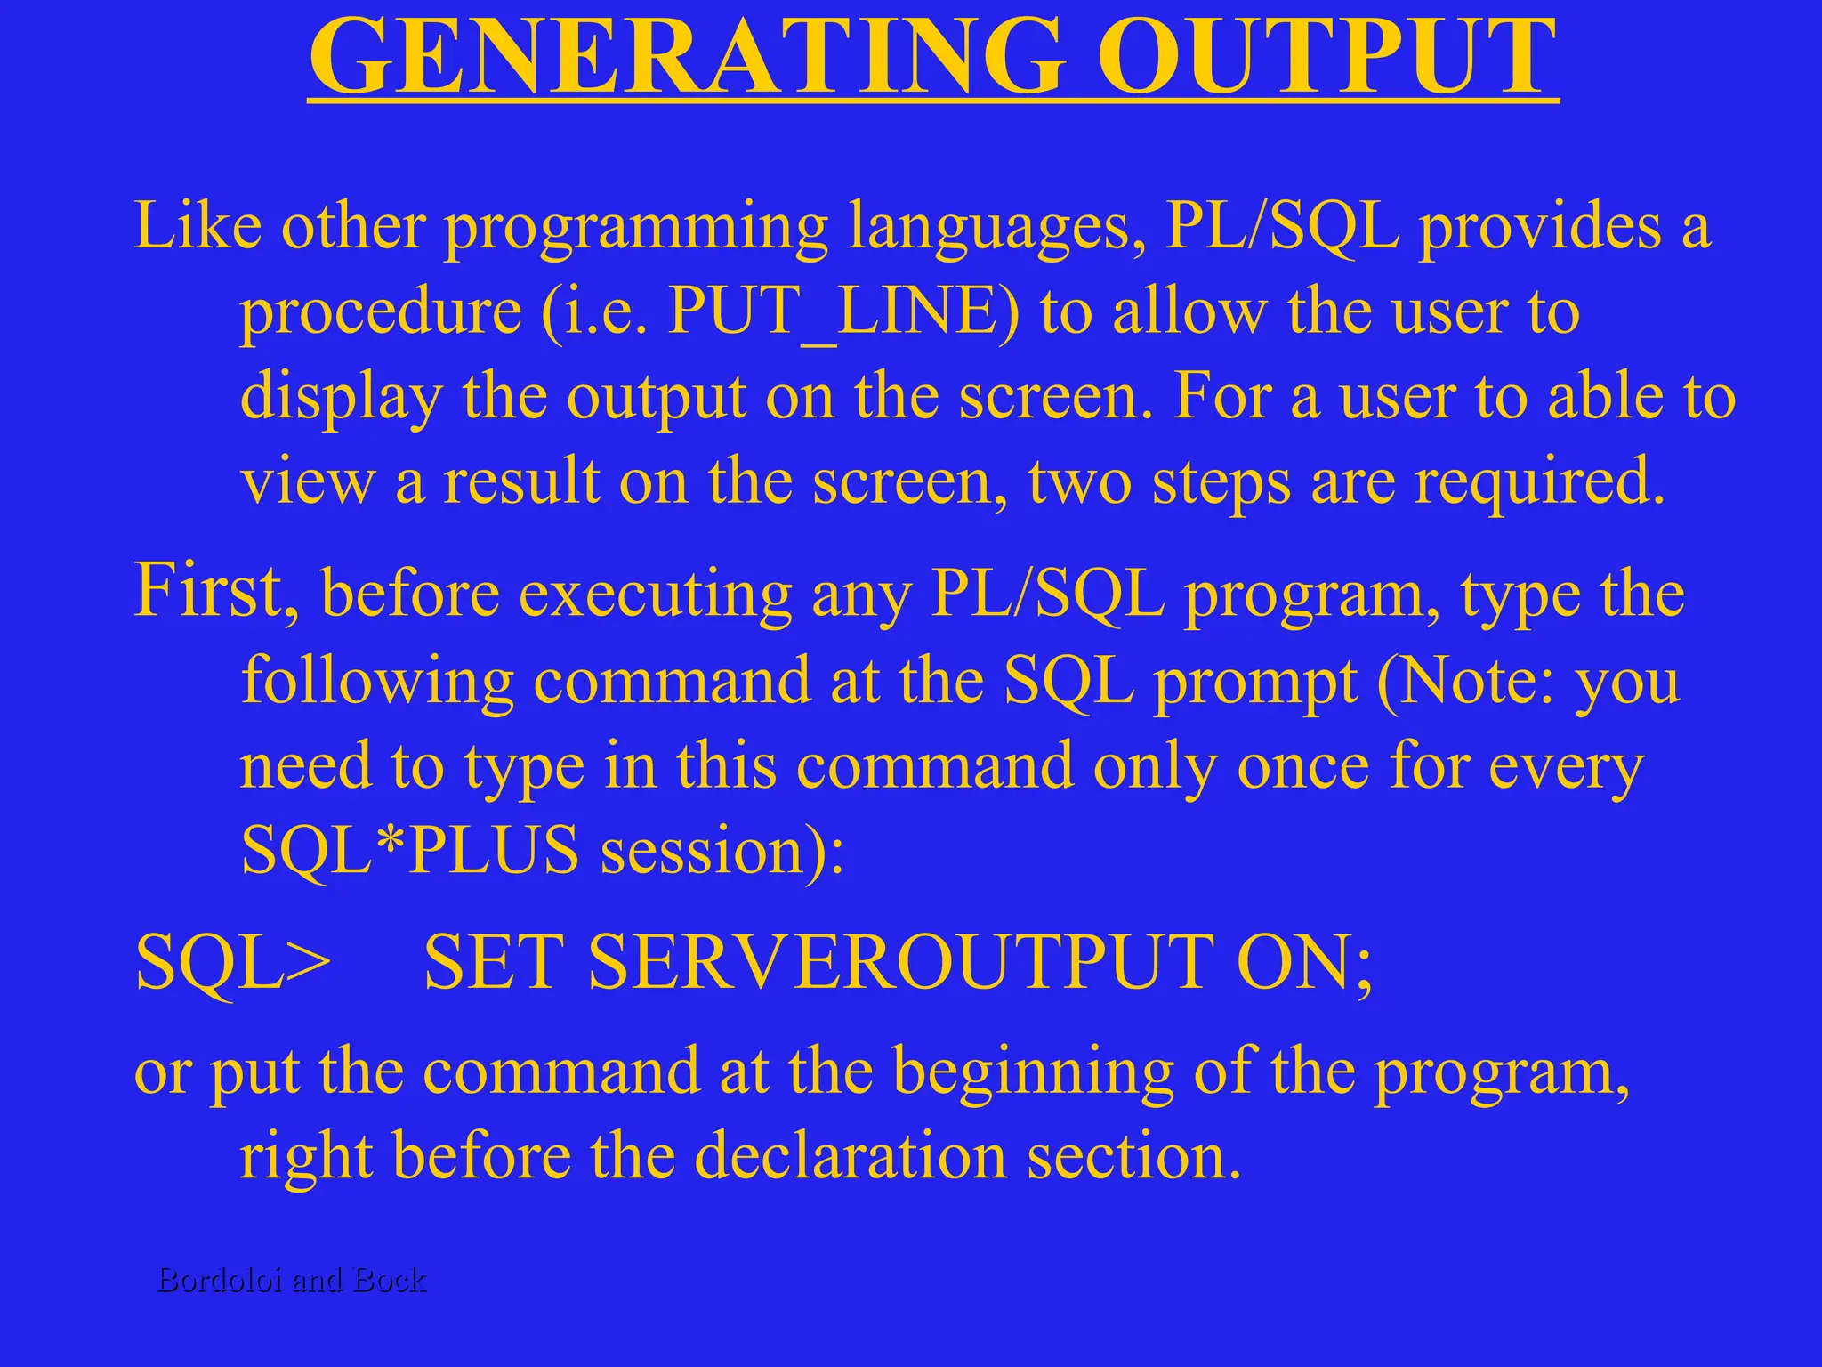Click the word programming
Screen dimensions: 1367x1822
636,228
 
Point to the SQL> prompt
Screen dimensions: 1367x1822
233,963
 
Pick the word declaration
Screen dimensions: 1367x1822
850,1157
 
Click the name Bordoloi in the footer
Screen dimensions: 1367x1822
220,1280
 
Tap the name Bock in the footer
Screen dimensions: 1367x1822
390,1280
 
